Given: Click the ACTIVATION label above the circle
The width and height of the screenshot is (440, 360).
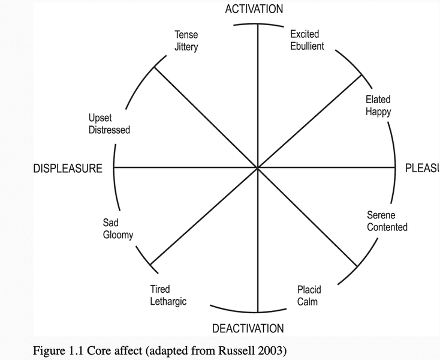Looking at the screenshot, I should tap(254, 9).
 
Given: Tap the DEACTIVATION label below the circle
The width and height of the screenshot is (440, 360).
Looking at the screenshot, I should tap(248, 328).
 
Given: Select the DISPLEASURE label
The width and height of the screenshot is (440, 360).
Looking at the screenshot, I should tap(68, 169).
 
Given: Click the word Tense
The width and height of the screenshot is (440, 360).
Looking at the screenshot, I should tap(186, 35).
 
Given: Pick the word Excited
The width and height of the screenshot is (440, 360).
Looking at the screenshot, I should tap(305, 34).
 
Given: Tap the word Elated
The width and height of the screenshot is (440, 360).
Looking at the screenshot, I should tap(378, 100).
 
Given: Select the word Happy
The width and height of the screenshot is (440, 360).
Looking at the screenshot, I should tap(378, 112).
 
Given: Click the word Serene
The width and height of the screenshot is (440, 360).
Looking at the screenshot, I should tap(381, 215).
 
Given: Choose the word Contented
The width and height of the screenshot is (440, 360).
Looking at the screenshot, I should tap(387, 227).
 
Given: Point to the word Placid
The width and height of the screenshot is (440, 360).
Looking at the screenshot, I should tap(309, 290).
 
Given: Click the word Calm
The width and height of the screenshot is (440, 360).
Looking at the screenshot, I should tap(308, 301).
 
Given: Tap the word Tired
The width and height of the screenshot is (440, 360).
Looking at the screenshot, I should tap(160, 290).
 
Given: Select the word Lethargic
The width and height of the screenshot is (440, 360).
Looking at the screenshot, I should tap(168, 301).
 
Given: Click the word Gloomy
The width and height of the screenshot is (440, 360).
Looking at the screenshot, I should tap(117, 235).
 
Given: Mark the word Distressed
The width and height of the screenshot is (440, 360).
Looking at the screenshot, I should tap(109, 130).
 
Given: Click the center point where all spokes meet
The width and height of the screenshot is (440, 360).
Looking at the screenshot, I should tap(258, 169).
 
